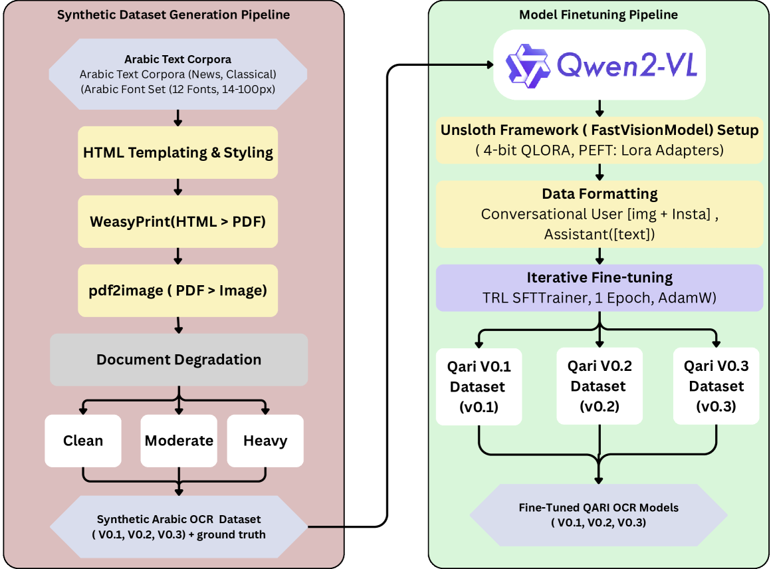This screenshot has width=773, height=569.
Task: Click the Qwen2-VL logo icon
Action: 526,64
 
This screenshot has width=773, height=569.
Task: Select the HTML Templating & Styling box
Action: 177,152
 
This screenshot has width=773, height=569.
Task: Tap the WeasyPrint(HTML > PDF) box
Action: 177,221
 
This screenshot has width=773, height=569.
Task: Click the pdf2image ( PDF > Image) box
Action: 177,290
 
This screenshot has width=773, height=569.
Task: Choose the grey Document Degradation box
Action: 179,360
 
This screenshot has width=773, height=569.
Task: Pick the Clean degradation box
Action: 83,440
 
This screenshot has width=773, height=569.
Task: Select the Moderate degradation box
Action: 179,440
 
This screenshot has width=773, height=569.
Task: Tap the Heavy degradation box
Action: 265,440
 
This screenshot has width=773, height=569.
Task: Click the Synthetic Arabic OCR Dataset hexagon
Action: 179,526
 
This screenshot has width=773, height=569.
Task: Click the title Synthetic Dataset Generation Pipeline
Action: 173,14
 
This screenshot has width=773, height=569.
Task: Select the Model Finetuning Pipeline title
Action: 599,14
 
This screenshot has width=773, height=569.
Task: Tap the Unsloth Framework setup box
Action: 599,140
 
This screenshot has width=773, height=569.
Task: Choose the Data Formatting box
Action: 599,213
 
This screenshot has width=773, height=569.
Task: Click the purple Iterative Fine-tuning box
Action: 599,288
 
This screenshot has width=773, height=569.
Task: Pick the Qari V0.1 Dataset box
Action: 478,386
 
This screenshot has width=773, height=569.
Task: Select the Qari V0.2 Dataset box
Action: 599,386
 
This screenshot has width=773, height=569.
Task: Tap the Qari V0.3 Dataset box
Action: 716,386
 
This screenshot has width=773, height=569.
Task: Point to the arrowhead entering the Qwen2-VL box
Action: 490,64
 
